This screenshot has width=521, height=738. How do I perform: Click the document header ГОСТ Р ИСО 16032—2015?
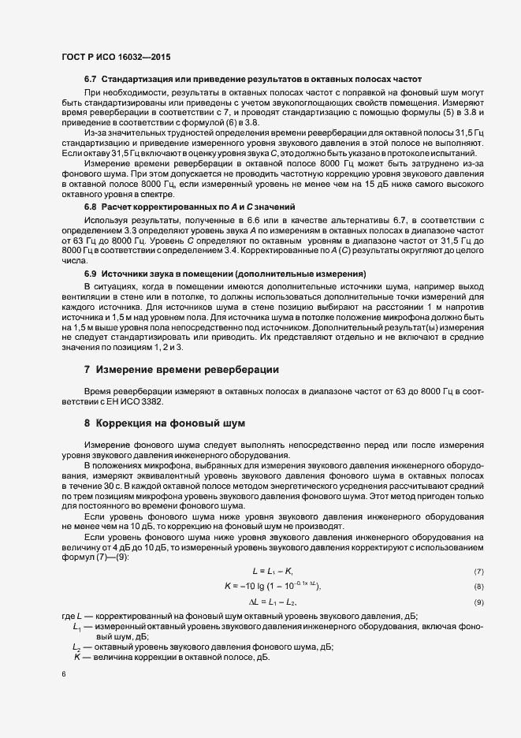pyautogui.click(x=115, y=58)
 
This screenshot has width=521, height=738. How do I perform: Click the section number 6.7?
pyautogui.click(x=90, y=80)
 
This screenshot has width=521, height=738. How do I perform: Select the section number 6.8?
pyautogui.click(x=90, y=206)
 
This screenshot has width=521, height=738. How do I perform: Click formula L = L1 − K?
pyautogui.click(x=273, y=570)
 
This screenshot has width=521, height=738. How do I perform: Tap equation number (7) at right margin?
pyautogui.click(x=478, y=571)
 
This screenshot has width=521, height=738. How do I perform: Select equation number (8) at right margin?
pyautogui.click(x=478, y=587)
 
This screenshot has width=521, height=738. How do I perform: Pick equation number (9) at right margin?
pyautogui.click(x=478, y=603)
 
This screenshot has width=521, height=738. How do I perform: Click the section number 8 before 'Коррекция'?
pyautogui.click(x=87, y=422)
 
